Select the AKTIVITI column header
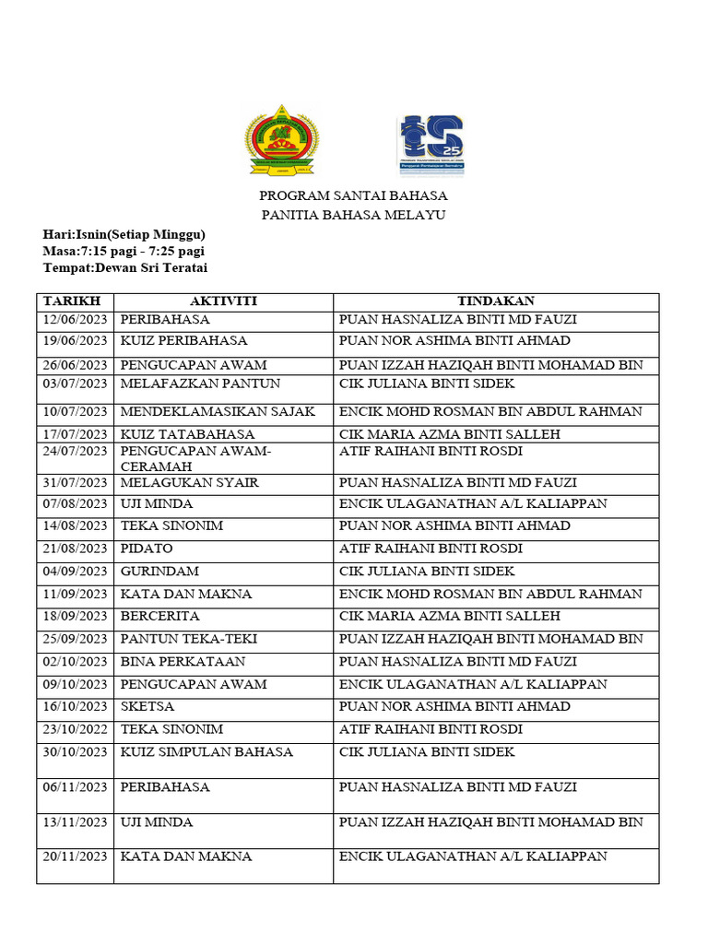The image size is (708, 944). click(223, 301)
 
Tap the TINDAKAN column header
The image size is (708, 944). click(496, 301)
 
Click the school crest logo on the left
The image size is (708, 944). click(281, 140)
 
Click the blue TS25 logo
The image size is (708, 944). click(431, 145)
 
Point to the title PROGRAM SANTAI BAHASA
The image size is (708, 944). click(353, 195)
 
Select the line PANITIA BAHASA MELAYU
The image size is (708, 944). click(353, 215)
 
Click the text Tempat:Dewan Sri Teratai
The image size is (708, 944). click(125, 267)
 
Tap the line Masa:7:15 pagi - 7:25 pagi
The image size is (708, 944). click(124, 251)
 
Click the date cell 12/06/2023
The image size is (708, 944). click(75, 320)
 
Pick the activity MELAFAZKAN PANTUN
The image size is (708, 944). click(200, 383)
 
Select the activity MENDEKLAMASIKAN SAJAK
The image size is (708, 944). click(218, 411)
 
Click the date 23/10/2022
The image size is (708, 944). click(75, 729)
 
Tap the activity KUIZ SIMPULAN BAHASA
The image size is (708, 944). click(206, 752)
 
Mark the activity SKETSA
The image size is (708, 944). click(147, 707)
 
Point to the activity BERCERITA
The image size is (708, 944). click(159, 617)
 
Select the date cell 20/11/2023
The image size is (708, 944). click(75, 856)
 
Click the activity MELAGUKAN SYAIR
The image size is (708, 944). click(189, 482)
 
